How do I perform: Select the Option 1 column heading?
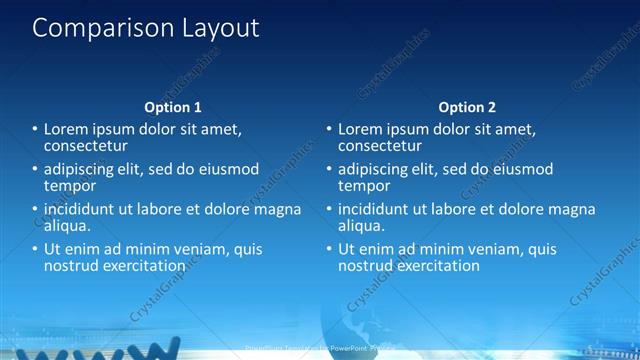point(173,106)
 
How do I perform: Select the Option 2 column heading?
point(467,106)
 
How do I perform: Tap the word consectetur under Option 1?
point(85,146)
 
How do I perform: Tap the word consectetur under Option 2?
point(380,146)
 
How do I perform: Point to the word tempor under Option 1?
point(70,185)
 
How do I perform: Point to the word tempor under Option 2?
point(364,185)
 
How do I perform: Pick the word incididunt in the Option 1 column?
point(83,209)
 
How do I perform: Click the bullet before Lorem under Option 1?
point(34,129)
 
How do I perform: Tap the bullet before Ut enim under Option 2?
point(329,249)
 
